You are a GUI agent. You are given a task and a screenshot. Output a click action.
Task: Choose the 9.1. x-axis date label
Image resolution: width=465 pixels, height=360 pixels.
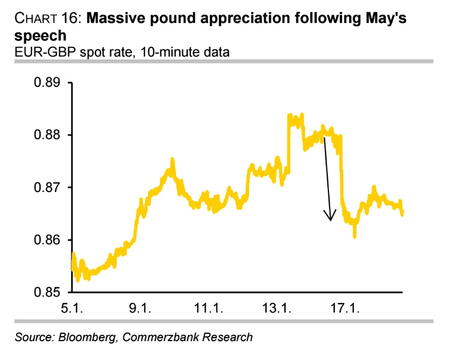click(x=139, y=309)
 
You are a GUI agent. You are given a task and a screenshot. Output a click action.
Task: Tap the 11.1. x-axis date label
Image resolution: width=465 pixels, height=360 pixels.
click(x=207, y=309)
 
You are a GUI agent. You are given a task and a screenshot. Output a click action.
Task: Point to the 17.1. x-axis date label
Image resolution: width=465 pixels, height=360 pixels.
click(x=342, y=309)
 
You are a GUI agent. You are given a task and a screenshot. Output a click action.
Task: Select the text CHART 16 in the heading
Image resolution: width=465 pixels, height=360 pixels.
click(x=46, y=19)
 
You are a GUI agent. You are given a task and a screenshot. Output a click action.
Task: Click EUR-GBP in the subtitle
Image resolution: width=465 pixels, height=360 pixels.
click(x=39, y=53)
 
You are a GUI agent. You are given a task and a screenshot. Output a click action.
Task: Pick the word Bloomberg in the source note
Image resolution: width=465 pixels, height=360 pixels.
click(x=89, y=337)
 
